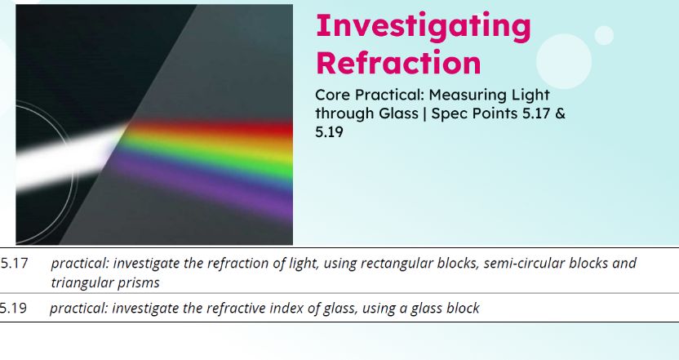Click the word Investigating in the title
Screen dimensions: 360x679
click(423, 26)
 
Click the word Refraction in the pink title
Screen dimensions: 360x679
click(397, 63)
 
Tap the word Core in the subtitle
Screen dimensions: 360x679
click(332, 96)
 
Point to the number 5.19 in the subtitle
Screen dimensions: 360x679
click(329, 131)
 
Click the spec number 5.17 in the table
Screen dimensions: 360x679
click(14, 264)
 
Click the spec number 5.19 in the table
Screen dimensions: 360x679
click(14, 309)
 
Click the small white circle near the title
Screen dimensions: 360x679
click(604, 35)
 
